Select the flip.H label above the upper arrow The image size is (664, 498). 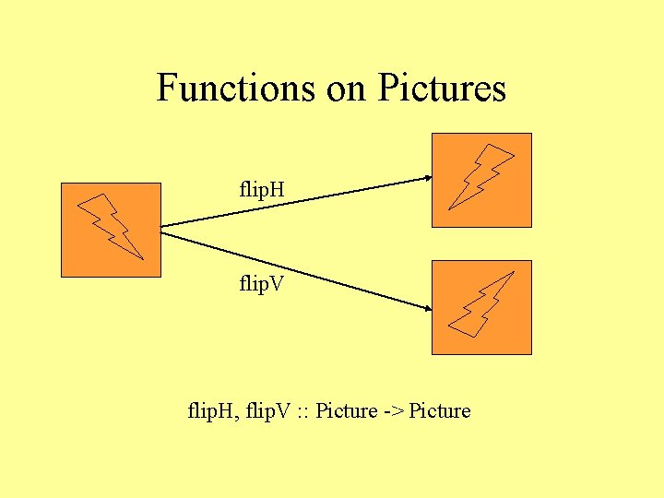click(262, 191)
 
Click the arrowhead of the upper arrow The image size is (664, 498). click(427, 178)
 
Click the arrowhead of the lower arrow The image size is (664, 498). click(427, 310)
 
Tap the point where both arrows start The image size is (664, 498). click(162, 227)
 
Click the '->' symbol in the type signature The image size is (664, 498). click(394, 411)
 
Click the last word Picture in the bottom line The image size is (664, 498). click(440, 411)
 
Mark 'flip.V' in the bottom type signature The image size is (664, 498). click(266, 411)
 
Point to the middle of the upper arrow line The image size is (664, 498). click(295, 202)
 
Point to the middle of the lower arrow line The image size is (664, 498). click(295, 267)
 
